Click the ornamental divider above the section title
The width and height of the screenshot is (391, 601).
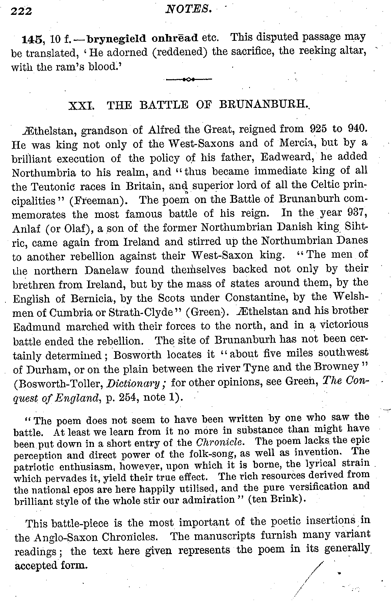point(189,80)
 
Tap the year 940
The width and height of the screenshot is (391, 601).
point(355,128)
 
